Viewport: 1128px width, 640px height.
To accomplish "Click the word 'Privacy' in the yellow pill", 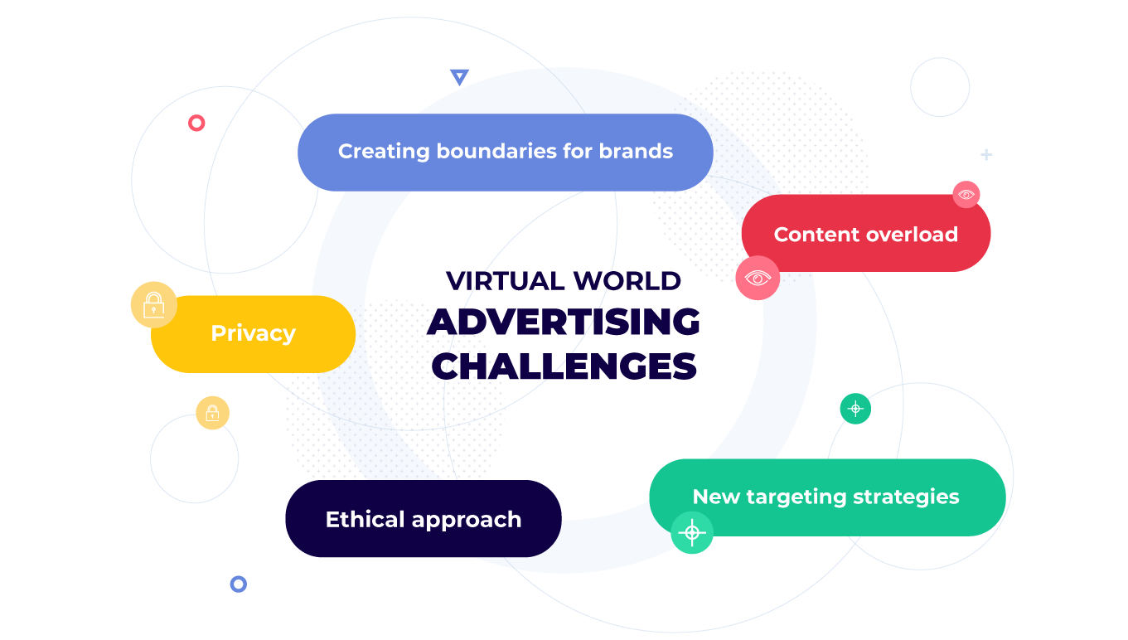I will click(x=253, y=333).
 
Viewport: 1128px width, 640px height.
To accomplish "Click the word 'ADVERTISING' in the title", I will click(x=564, y=322).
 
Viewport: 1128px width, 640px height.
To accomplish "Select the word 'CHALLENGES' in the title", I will click(x=564, y=366).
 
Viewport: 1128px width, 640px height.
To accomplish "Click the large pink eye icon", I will click(x=758, y=278).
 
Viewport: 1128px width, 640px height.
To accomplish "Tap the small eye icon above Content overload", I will click(x=966, y=195).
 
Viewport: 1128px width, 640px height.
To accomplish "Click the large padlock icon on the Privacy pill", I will click(x=154, y=305).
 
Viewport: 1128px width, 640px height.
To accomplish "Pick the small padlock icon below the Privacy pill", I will click(x=212, y=413).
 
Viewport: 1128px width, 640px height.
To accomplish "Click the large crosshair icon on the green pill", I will click(x=692, y=532).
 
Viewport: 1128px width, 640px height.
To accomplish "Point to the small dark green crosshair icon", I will click(x=855, y=409).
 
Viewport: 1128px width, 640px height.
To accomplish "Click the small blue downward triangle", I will click(x=459, y=77).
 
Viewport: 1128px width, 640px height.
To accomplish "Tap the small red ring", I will click(x=196, y=124).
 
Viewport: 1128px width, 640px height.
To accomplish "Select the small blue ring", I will click(x=239, y=584).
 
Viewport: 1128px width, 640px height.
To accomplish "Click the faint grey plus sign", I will click(x=986, y=155).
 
